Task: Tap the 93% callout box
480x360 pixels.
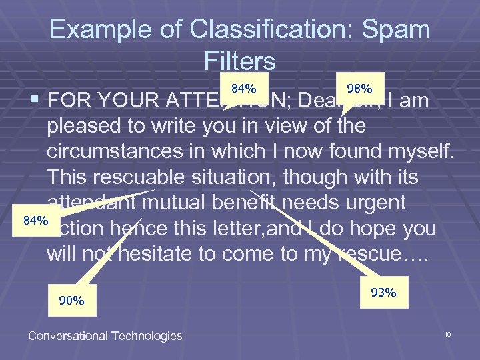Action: pos(383,292)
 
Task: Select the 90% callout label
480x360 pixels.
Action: pos(72,300)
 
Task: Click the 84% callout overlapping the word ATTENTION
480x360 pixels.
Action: pos(244,87)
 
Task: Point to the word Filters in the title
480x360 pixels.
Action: pos(240,61)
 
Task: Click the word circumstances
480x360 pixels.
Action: pos(126,151)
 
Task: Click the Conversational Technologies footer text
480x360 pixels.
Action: pos(105,335)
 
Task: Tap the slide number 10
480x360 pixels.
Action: pos(448,333)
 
